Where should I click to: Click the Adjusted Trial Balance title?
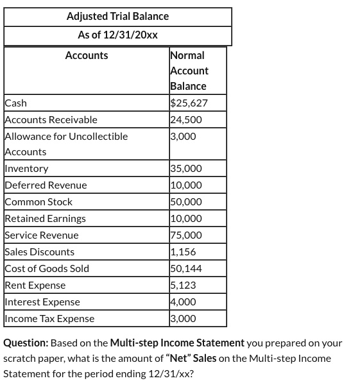117,16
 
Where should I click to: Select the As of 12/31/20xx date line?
117,35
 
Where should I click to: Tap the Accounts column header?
87,56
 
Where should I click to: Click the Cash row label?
16,103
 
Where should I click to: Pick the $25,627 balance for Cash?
189,103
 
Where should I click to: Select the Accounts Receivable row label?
51,119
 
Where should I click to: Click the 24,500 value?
186,119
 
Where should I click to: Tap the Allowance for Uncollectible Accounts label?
66,143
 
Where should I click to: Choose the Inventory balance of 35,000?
186,169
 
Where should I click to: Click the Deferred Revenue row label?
46,185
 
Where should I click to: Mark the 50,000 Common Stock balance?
186,202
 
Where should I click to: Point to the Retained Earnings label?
45,219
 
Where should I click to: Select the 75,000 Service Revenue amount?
186,235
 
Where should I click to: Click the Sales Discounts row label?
40,252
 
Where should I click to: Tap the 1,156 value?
184,252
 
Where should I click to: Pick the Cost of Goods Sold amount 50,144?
186,269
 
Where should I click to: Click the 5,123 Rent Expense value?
184,285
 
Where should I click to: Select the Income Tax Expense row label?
49,319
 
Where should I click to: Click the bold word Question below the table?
26,343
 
